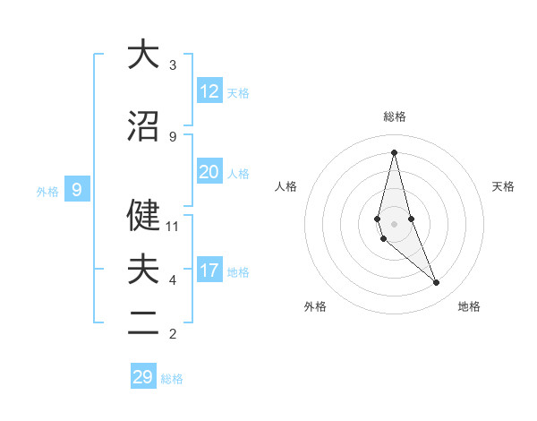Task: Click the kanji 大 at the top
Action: (143, 55)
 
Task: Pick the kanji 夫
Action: (143, 270)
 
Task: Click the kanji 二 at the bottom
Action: (143, 323)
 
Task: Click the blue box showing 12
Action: (209, 91)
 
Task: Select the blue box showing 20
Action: (209, 172)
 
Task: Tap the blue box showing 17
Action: (209, 271)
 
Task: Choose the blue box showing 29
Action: (143, 377)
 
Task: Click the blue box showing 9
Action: (77, 190)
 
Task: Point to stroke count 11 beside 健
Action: (174, 227)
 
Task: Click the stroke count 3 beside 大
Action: (173, 65)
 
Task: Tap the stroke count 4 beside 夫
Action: (173, 280)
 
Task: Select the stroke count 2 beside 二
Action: (173, 334)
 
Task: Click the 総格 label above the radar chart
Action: (394, 116)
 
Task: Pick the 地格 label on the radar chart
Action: (469, 306)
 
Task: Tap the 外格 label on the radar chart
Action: (315, 306)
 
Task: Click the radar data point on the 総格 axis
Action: (394, 152)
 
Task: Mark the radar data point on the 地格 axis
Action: (437, 283)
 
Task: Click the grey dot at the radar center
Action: (394, 223)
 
